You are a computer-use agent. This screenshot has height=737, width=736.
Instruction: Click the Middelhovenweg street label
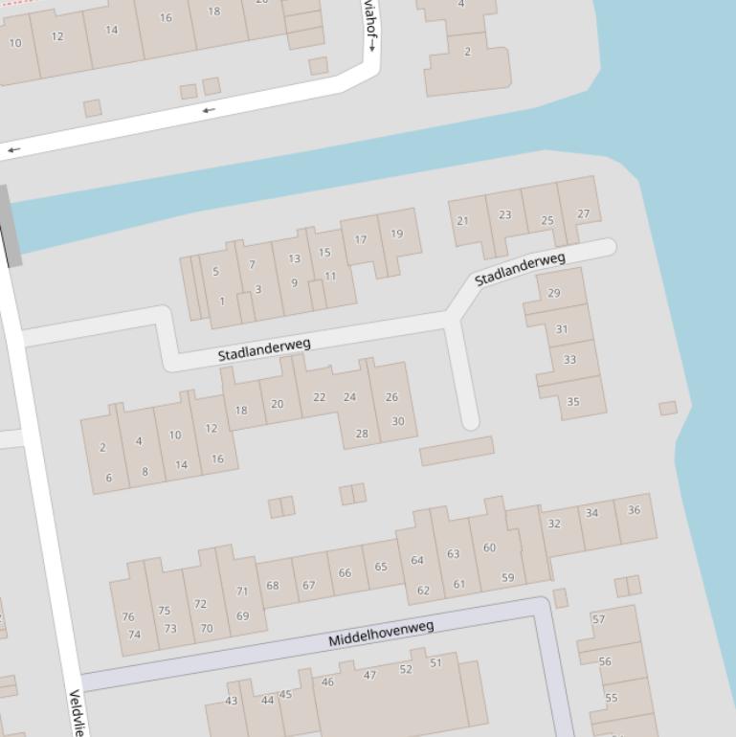click(381, 633)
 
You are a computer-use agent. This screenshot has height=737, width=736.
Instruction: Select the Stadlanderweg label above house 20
click(264, 349)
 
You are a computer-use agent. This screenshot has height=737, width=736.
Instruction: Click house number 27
click(583, 213)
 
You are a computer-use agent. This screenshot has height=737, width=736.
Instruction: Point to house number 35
click(572, 401)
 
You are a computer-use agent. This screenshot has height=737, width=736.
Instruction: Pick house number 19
click(396, 234)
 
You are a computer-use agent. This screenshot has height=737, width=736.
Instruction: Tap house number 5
click(215, 272)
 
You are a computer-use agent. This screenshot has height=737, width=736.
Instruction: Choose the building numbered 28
click(362, 434)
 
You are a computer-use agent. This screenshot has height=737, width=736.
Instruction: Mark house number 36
click(634, 510)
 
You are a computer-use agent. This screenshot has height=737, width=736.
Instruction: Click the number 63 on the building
click(453, 553)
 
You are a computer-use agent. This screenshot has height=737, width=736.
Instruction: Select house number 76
click(128, 616)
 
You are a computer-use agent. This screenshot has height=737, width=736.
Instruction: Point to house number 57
click(598, 619)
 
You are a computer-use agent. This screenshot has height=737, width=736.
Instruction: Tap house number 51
click(435, 662)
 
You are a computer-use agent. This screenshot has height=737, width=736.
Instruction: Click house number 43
click(231, 701)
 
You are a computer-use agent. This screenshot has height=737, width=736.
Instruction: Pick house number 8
click(145, 471)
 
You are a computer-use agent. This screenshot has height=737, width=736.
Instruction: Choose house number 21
click(462, 221)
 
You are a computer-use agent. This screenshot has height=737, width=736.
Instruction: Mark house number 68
click(273, 585)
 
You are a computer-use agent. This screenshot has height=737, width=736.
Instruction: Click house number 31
click(561, 329)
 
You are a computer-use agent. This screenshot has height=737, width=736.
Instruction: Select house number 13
click(294, 258)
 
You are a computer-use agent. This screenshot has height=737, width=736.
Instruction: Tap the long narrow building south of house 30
click(457, 451)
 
